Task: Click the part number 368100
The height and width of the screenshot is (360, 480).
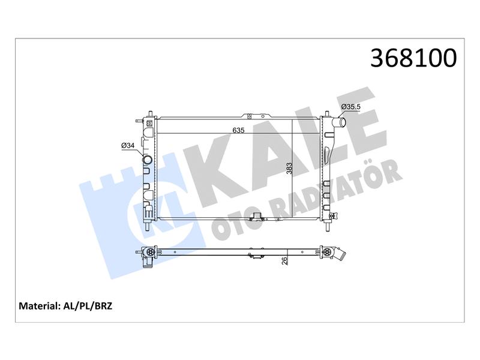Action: (413, 58)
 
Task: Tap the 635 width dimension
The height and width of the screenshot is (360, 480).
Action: (238, 130)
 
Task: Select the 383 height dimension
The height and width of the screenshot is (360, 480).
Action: (289, 169)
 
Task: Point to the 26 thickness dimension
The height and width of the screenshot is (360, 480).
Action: (284, 261)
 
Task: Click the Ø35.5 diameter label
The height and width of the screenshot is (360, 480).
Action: (351, 107)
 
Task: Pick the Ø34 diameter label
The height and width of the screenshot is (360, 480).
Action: (128, 146)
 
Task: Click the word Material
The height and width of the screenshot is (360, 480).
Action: (39, 306)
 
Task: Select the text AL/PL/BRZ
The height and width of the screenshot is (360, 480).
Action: (88, 306)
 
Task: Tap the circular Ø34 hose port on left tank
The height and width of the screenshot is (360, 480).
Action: (148, 160)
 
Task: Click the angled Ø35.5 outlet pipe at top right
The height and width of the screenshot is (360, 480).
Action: (340, 122)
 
